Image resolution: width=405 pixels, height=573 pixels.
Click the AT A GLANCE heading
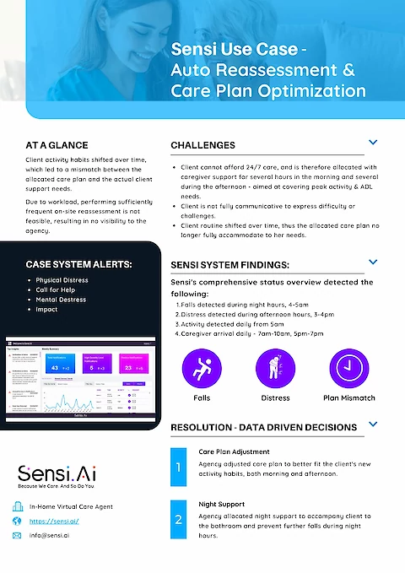click(57, 145)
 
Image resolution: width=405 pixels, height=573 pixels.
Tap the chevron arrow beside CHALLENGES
click(372, 144)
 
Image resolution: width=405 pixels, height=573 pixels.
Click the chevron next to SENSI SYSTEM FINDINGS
click(372, 262)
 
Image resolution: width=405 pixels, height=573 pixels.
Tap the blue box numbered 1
click(178, 467)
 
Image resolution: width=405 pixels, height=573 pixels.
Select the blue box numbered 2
click(178, 520)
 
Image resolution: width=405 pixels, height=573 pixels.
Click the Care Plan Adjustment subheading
click(234, 451)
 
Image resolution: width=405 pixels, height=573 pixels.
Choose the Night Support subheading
click(221, 504)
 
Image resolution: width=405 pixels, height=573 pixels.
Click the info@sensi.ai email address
click(53, 535)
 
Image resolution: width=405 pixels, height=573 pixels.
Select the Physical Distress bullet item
click(62, 280)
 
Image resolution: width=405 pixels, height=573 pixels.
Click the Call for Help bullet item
click(56, 289)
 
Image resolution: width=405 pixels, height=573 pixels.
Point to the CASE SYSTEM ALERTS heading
click(78, 264)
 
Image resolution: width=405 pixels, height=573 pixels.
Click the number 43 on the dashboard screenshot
click(55, 368)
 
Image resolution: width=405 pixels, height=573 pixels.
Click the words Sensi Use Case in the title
click(221, 49)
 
